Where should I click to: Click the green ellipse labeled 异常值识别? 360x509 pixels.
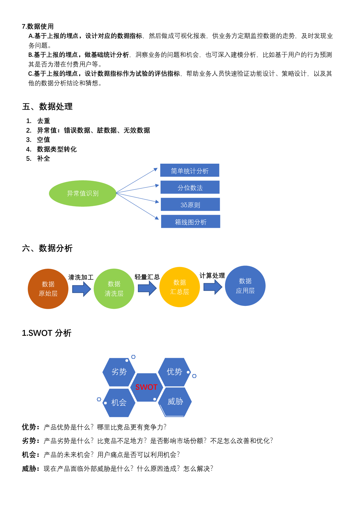click(83, 194)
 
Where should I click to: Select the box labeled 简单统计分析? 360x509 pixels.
click(190, 170)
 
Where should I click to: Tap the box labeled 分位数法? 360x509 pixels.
click(190, 187)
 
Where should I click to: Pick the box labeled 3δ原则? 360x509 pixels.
click(190, 204)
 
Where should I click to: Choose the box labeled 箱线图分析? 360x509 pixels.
click(191, 221)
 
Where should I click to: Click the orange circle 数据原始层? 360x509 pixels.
click(48, 289)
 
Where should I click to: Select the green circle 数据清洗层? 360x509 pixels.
click(114, 289)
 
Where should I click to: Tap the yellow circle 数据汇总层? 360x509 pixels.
click(180, 287)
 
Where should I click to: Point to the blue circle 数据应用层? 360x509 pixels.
click(245, 286)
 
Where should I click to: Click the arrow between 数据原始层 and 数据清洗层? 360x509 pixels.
click(82, 289)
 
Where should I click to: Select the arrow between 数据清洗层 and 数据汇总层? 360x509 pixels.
click(147, 288)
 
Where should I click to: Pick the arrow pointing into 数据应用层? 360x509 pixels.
click(213, 287)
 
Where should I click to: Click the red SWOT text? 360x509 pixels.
click(146, 387)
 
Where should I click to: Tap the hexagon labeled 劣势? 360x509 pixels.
click(119, 372)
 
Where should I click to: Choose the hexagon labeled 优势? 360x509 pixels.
click(174, 372)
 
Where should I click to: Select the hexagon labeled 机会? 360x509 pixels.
click(119, 403)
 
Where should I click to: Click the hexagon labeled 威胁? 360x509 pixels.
click(175, 402)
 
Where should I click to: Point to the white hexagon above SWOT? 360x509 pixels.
click(147, 357)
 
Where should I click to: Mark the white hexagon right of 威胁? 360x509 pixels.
click(202, 388)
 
